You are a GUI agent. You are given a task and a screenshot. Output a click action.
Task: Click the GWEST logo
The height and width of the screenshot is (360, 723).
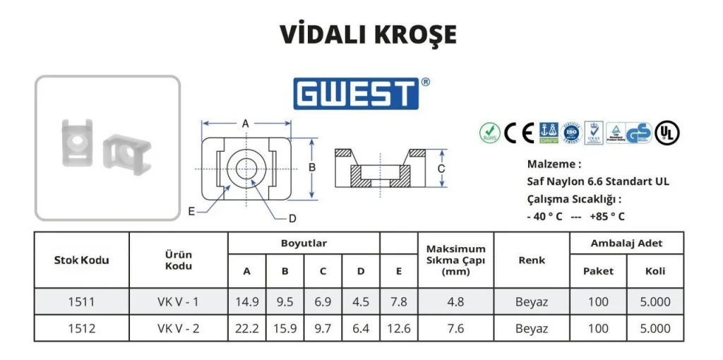tap(357, 93)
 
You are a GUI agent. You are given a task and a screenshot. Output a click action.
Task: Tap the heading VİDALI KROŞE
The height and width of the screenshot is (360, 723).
tap(368, 35)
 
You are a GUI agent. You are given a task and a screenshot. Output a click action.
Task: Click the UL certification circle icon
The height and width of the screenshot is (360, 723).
tap(667, 133)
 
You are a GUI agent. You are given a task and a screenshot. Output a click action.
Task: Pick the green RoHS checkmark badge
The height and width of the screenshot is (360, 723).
tap(489, 132)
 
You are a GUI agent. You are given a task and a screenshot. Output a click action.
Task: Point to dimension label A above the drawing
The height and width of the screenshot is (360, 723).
tap(246, 124)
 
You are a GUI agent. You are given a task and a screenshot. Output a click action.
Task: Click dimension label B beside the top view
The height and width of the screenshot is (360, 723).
tap(311, 168)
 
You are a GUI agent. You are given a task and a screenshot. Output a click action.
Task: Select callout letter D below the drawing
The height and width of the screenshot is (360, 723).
tap(292, 217)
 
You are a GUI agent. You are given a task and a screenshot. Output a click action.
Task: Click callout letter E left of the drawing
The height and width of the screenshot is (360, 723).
tap(191, 211)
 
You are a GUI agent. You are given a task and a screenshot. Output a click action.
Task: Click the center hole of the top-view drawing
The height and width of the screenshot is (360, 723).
tap(246, 169)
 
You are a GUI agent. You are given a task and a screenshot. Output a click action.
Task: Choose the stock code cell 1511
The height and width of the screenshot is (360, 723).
tap(81, 302)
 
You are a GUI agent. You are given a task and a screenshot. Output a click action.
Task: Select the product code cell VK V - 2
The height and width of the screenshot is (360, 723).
tap(178, 328)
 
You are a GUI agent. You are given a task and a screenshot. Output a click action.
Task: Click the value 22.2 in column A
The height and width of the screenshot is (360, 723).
tap(247, 328)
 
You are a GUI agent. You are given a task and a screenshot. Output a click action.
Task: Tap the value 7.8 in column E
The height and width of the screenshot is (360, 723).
tap(399, 302)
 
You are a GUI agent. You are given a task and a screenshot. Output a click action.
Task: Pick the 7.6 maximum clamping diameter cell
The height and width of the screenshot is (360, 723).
tap(455, 328)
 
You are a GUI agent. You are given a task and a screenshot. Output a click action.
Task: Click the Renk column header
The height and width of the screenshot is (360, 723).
tap(532, 260)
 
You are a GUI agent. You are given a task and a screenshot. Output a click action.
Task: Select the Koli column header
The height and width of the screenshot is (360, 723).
tap(655, 271)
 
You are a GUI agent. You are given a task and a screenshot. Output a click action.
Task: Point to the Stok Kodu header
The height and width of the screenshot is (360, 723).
tap(81, 260)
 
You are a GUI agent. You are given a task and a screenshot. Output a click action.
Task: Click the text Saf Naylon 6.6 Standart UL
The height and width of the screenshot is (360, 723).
tap(598, 182)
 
